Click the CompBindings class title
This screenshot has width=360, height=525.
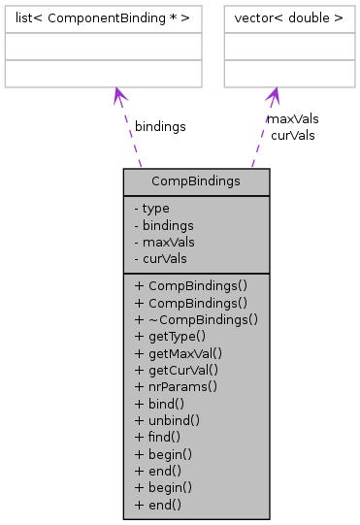pyautogui.click(x=181, y=181)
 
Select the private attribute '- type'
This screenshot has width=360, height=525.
pyautogui.click(x=152, y=209)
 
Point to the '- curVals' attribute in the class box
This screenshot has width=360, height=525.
pyautogui.click(x=161, y=258)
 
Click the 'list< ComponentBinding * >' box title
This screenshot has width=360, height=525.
pyautogui.click(x=103, y=17)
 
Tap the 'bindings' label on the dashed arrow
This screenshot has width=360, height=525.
pyautogui.click(x=160, y=127)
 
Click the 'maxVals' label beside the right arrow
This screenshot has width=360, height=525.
pyautogui.click(x=292, y=118)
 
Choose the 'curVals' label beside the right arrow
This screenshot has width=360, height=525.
pyautogui.click(x=292, y=135)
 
